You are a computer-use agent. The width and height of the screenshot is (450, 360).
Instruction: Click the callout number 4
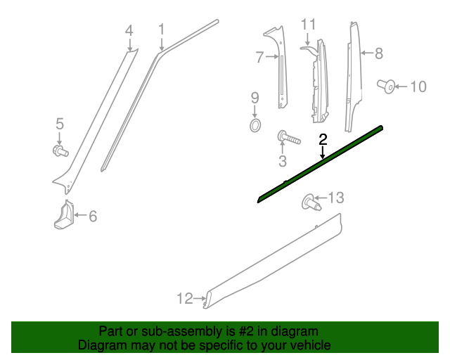[129, 30]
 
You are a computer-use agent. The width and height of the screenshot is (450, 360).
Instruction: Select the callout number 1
[161, 30]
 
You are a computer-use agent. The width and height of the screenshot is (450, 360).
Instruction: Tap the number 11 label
[309, 25]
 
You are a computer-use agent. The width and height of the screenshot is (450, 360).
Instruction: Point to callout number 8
[378, 53]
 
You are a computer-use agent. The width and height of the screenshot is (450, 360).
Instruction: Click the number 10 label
[418, 86]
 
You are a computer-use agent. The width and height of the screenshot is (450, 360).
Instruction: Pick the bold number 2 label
[323, 139]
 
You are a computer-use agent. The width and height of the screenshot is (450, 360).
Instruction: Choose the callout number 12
[184, 299]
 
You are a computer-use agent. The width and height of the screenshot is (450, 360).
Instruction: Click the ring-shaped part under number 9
[255, 125]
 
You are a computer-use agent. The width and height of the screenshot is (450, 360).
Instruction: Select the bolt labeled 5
[60, 150]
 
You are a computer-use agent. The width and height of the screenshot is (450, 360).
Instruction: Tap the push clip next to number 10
[385, 86]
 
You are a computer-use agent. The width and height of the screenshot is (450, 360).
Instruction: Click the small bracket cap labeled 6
[64, 216]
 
